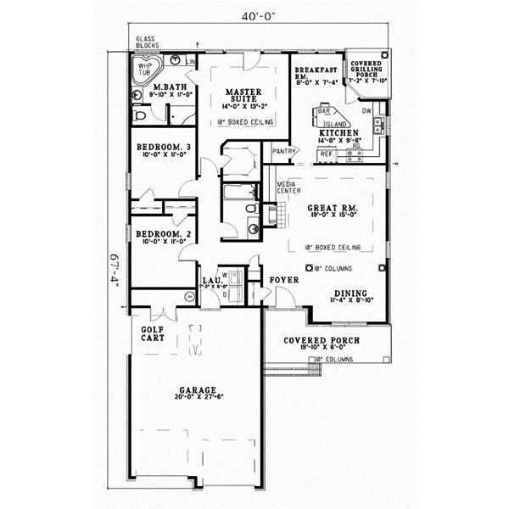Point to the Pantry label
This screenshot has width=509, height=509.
click(283, 151)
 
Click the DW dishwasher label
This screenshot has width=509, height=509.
click(366, 111)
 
